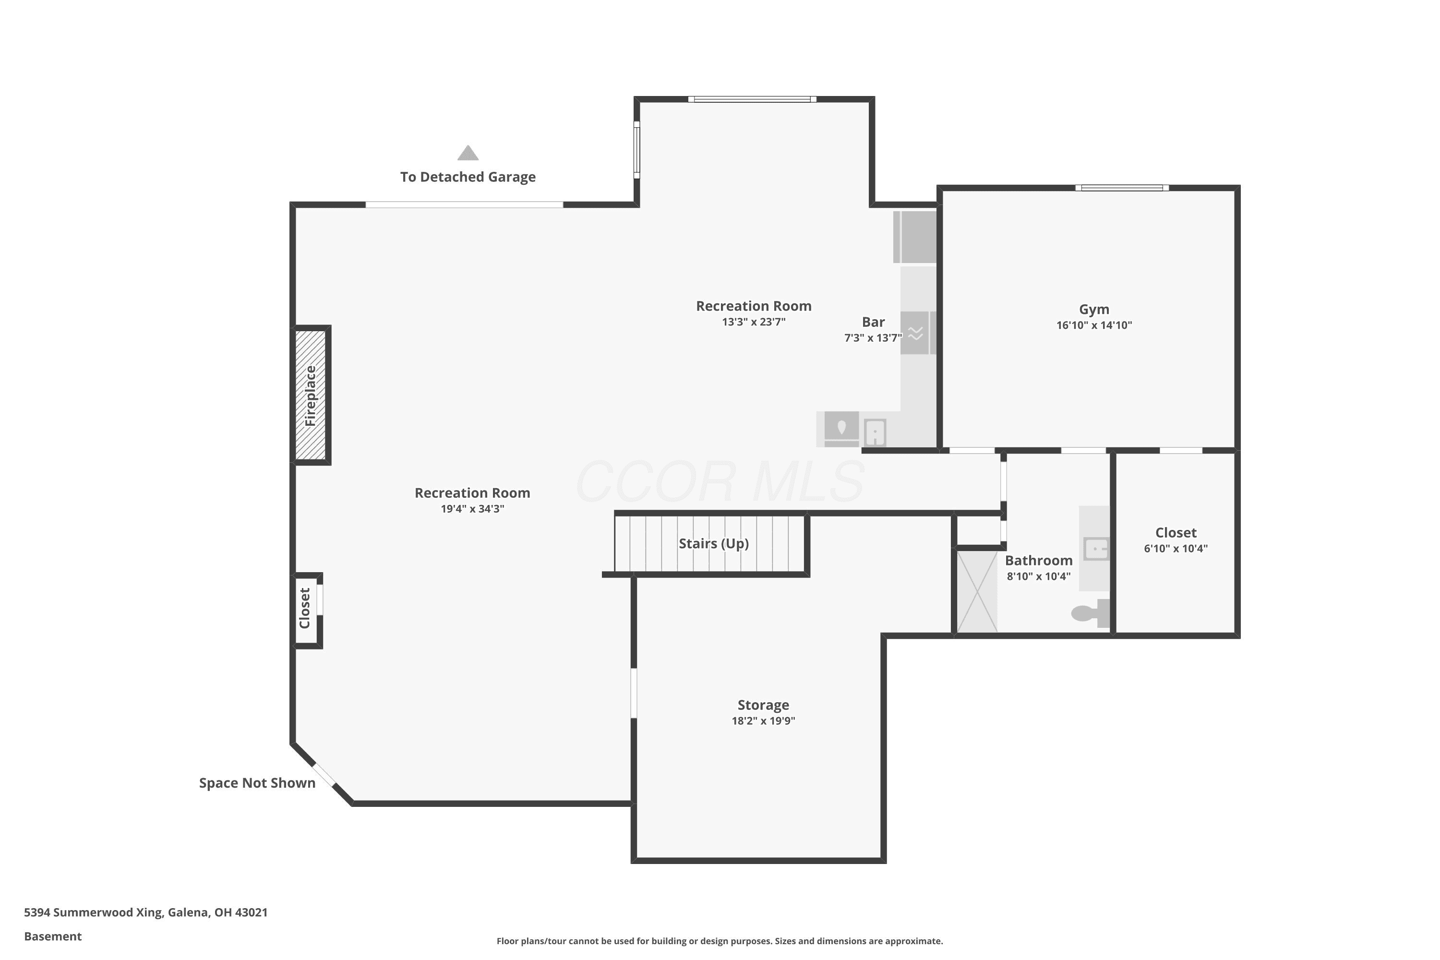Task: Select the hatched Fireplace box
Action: pyautogui.click(x=311, y=395)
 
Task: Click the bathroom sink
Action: pyautogui.click(x=1096, y=549)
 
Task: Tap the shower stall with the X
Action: pyautogui.click(x=977, y=591)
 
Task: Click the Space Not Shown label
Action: pyautogui.click(x=257, y=783)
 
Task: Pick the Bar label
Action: pyautogui.click(x=873, y=322)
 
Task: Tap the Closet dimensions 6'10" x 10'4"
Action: pyautogui.click(x=1176, y=549)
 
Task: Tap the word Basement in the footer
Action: pyautogui.click(x=53, y=936)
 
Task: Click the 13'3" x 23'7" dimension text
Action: pyautogui.click(x=753, y=322)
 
